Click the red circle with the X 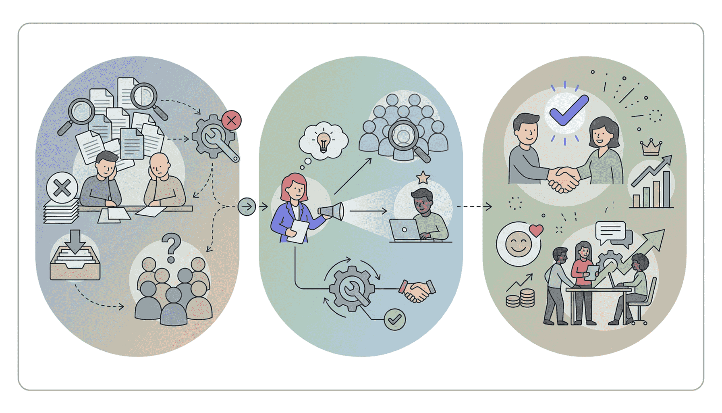coord(231,120)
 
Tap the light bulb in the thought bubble coord(323,142)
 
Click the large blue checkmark coord(568,110)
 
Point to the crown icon coord(651,148)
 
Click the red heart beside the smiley coord(536,230)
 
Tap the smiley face coord(518,244)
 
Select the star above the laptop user coord(423,177)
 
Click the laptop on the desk coord(405,230)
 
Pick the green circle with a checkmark coord(394,319)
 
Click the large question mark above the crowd coord(172,247)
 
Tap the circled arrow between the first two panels coord(247,207)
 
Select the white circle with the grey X coord(62,188)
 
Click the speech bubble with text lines coord(611,232)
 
